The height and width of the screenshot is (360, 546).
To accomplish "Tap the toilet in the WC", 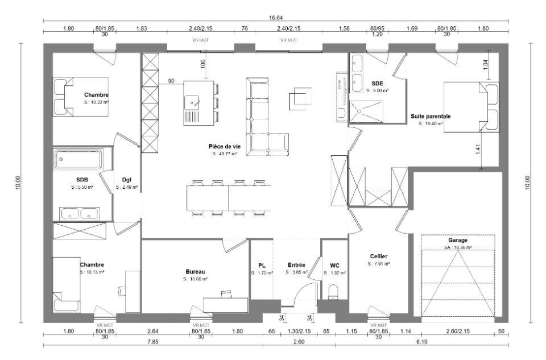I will click(x=334, y=292).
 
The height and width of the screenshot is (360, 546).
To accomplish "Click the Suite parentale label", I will click(x=431, y=116).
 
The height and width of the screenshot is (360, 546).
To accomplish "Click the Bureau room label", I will click(x=195, y=271).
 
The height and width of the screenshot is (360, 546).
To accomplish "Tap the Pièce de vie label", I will click(x=225, y=146).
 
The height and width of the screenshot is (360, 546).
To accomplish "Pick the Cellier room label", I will click(x=379, y=256).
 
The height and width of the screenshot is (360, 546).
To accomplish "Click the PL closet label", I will click(x=262, y=265).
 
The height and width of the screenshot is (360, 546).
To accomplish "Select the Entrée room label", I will click(x=297, y=265).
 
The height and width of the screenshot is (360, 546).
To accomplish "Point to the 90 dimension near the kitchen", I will click(x=171, y=81).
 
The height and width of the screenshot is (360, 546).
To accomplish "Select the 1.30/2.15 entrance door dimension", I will click(x=300, y=331).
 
